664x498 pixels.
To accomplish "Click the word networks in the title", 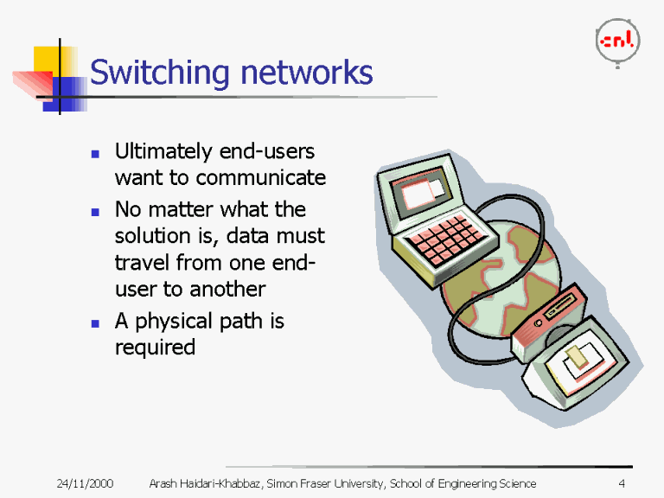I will pos(306,73).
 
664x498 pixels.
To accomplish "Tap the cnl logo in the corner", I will pos(616,41).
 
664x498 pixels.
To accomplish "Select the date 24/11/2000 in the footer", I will pos(86,483).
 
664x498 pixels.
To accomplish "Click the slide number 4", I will pos(622,483).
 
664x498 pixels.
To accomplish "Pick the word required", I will pos(155,348).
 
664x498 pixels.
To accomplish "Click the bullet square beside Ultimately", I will pos(96,154).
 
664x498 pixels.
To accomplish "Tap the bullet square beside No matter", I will pos(96,211).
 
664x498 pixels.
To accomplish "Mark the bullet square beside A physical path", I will pos(96,323).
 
